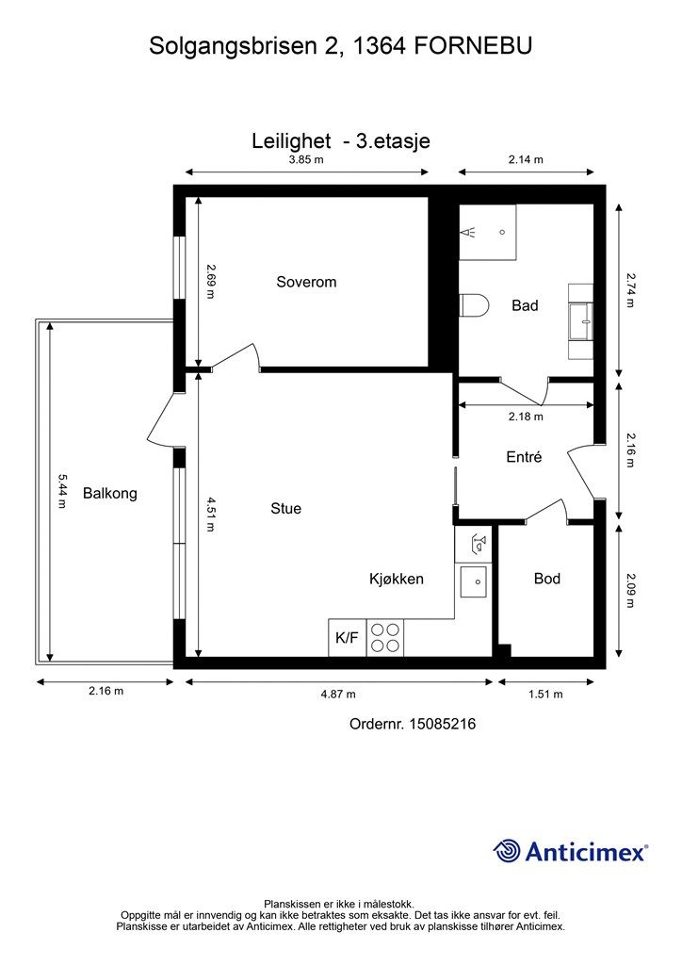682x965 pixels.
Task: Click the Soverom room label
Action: tap(306, 282)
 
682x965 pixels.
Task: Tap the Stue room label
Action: tap(286, 508)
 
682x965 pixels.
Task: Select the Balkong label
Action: tap(110, 493)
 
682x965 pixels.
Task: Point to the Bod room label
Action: tap(546, 579)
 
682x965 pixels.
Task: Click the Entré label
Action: tap(524, 457)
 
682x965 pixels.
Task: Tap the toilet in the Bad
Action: tap(474, 304)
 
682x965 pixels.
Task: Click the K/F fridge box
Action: tap(347, 637)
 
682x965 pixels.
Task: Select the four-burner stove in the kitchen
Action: tap(385, 637)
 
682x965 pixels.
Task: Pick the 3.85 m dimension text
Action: tap(306, 159)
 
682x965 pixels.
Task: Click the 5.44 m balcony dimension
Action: tap(61, 490)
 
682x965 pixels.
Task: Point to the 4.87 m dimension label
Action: tap(338, 695)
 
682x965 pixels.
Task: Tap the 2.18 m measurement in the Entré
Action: tap(526, 416)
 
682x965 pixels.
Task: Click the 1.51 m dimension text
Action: tap(545, 695)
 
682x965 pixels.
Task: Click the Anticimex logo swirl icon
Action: tap(506, 851)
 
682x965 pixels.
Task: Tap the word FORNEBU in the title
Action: tap(473, 46)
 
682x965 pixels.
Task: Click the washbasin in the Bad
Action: tap(580, 321)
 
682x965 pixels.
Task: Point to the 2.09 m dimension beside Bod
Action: tap(631, 590)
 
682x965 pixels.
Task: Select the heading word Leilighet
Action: tap(291, 141)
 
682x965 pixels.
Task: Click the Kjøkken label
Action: tap(396, 579)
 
